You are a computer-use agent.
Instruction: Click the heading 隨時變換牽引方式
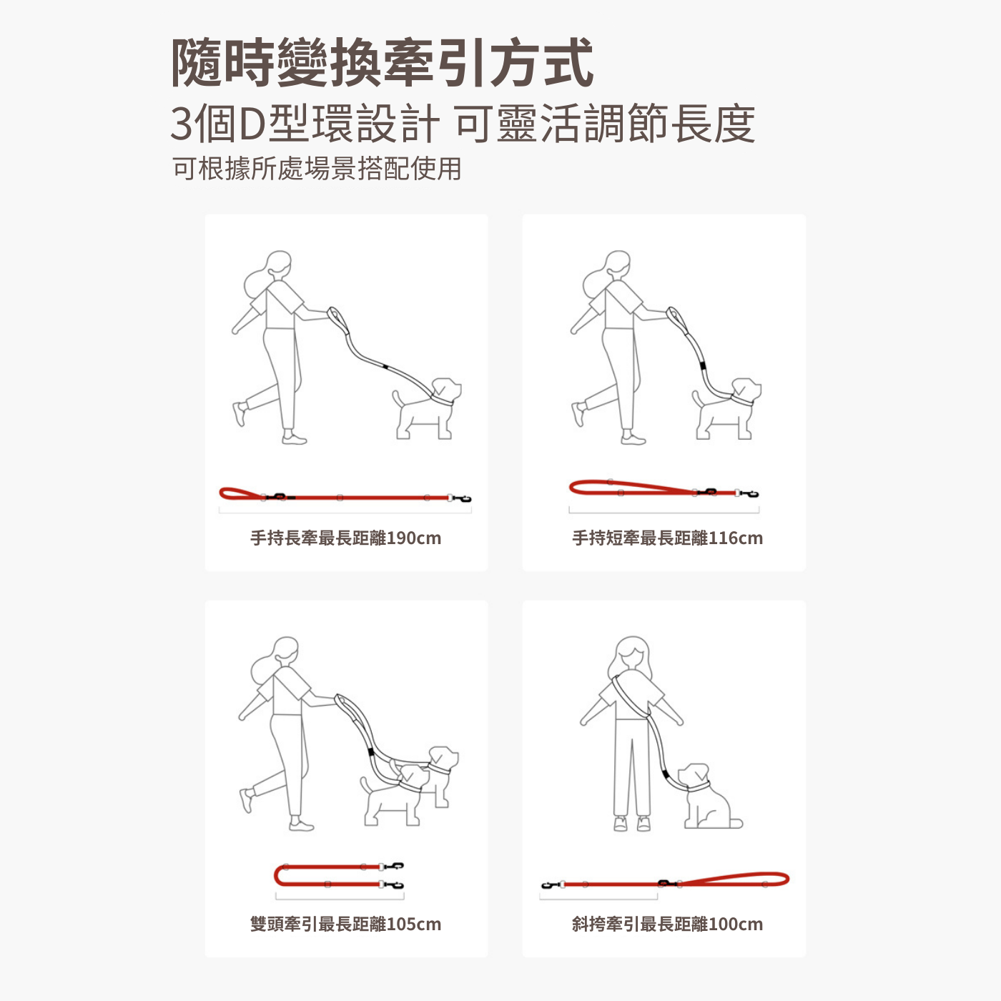(x=383, y=63)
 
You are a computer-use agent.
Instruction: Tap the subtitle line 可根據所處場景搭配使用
(x=317, y=168)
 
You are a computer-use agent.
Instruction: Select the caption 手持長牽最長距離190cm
(x=345, y=538)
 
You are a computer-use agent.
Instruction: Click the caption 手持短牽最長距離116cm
(x=667, y=538)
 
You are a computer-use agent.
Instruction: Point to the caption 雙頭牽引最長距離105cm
(x=345, y=924)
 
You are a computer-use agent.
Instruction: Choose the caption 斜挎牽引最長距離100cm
(x=667, y=924)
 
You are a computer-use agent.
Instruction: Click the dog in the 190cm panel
(x=427, y=408)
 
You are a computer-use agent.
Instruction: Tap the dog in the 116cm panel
(x=727, y=408)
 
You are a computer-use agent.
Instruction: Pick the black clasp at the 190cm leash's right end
(x=463, y=498)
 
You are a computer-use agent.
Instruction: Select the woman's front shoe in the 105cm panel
(x=301, y=825)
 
